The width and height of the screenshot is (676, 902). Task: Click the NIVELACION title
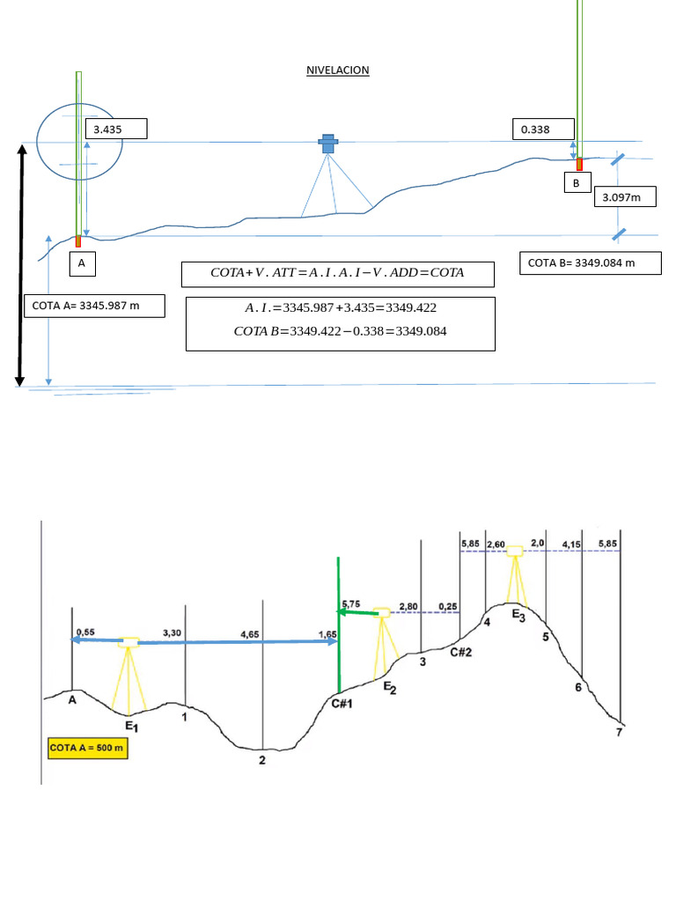pos(337,70)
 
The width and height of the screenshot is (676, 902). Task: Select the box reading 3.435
pos(115,129)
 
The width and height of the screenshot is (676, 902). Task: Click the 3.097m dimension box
pos(626,197)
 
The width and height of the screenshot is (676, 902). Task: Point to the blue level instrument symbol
pos(328,144)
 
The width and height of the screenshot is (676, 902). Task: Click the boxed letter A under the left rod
pos(82,262)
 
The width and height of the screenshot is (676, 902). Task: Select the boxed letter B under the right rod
pos(577,183)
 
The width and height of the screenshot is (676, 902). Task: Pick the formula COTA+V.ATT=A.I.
pos(337,274)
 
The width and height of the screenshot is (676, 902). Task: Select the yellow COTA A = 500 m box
pos(87,748)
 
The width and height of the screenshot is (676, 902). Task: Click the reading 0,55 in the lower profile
pos(85,632)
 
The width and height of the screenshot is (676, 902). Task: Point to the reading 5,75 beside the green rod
pos(350,604)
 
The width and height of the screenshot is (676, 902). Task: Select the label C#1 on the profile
pos(342,702)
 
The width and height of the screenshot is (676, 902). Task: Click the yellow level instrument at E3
pos(514,551)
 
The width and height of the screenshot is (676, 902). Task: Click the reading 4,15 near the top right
pos(571,544)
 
